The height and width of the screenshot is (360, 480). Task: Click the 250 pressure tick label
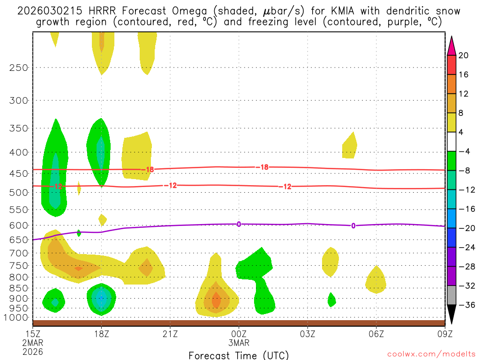19,67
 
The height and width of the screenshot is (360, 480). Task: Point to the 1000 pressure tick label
16,317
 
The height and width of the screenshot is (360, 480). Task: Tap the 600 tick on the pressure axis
19,225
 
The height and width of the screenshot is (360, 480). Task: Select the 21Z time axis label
170,334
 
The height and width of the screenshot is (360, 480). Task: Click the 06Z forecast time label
376,334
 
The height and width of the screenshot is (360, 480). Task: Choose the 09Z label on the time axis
445,334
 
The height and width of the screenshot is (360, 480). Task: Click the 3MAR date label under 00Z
239,343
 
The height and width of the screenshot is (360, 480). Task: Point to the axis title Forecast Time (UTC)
239,355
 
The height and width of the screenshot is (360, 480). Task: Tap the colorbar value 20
464,55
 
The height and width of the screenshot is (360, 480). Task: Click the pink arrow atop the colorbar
451,45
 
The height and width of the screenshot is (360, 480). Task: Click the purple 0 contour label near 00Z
239,224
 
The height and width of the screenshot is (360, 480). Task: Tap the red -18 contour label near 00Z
264,167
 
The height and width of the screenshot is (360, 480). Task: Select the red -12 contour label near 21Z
172,186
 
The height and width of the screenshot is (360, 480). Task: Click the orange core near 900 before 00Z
216,299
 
